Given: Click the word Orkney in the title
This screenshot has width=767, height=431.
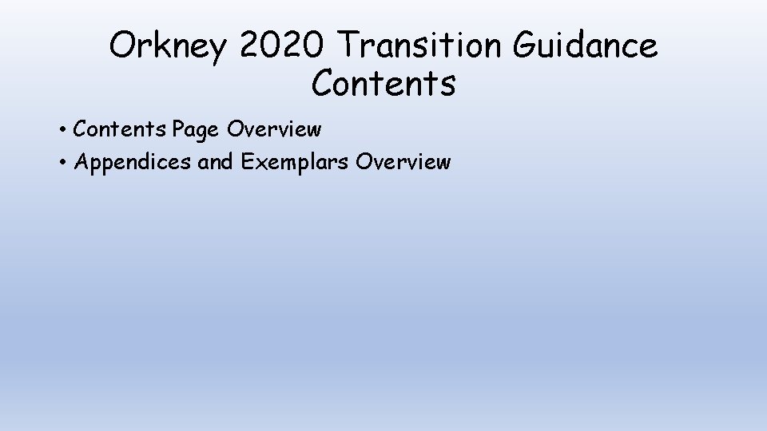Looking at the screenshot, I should click(x=169, y=47).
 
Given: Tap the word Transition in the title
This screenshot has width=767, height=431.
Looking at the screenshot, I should click(x=417, y=46).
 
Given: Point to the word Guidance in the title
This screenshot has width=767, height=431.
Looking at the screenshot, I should click(x=586, y=46).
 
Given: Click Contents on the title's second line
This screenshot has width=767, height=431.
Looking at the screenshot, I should click(x=383, y=83).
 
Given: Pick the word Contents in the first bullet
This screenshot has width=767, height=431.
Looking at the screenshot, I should click(x=121, y=129).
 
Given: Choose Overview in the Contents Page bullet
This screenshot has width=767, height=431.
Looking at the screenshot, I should click(x=274, y=129).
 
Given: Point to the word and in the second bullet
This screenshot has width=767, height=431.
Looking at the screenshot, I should click(x=214, y=163).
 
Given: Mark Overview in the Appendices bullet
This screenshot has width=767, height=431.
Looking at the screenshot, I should click(x=404, y=163).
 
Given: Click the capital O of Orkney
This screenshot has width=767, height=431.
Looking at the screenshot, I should click(x=124, y=46).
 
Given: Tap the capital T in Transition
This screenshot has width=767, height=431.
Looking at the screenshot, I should click(x=349, y=46).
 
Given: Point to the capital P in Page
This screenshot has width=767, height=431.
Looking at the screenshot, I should click(x=179, y=129).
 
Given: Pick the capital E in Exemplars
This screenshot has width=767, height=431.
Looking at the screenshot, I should click(x=246, y=163).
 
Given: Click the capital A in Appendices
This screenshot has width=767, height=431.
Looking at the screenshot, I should click(x=81, y=163).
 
